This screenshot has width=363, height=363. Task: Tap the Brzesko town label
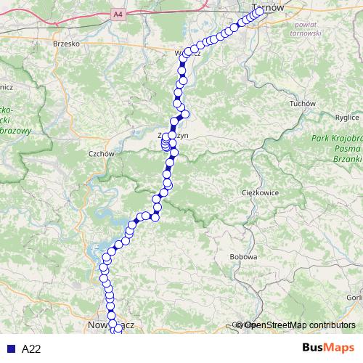pyautogui.click(x=65, y=44)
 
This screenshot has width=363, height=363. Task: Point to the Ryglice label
pyautogui.click(x=347, y=116)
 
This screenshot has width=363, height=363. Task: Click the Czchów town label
pyautogui.click(x=101, y=154)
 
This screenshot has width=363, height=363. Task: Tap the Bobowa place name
pyautogui.click(x=242, y=257)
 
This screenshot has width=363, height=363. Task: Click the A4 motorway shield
pyautogui.click(x=118, y=14)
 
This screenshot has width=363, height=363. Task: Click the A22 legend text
pyautogui.click(x=31, y=349)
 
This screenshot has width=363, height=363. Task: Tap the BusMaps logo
pyautogui.click(x=329, y=348)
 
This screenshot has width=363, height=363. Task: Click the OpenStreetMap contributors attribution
pyautogui.click(x=299, y=325)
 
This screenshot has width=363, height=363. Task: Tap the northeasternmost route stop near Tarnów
pyautogui.click(x=259, y=11)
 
